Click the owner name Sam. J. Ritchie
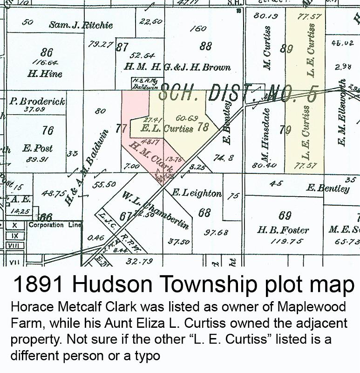click(81, 25)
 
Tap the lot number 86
click(47, 52)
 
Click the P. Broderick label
click(37, 101)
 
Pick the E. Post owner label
click(38, 149)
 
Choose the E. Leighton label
click(197, 192)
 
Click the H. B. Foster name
click(283, 230)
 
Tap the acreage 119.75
click(286, 241)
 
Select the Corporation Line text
click(52, 225)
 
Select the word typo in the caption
click(145, 355)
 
